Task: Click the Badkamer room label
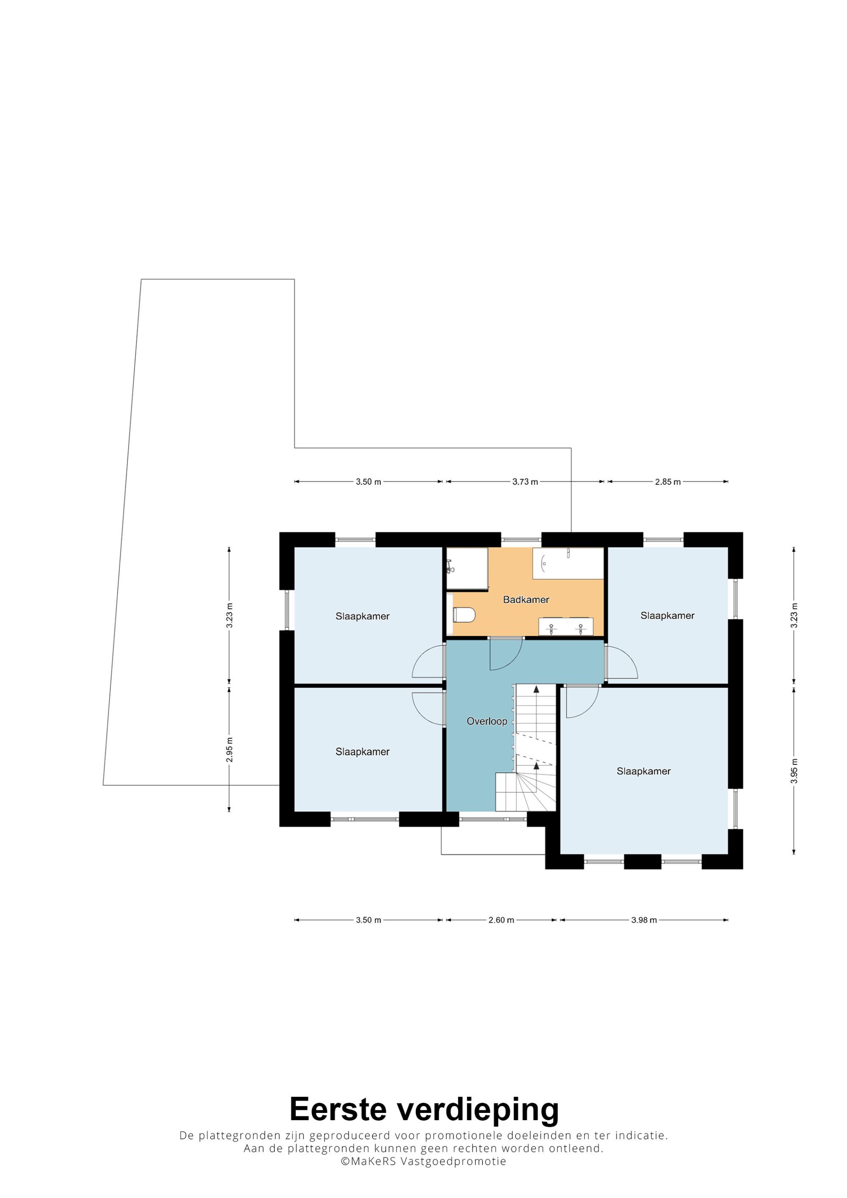tap(526, 599)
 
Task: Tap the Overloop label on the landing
tap(486, 721)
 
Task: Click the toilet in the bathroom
tap(463, 615)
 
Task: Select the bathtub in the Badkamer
tap(568, 563)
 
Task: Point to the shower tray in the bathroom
tap(467, 568)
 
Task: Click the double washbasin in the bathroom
tap(566, 626)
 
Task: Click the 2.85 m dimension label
tap(667, 482)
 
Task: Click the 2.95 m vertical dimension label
tap(229, 750)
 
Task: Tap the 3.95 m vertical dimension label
tap(794, 771)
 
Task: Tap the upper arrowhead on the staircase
tap(536, 689)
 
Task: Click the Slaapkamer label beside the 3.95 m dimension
tap(643, 771)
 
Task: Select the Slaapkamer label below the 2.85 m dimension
tap(667, 615)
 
